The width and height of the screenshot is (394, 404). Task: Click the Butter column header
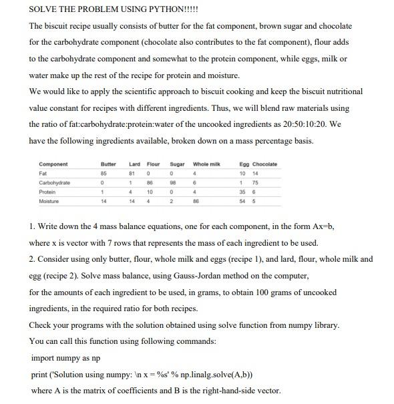108,164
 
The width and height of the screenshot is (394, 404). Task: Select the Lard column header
134,164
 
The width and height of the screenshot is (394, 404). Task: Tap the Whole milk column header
206,164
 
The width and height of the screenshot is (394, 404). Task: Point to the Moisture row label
49,200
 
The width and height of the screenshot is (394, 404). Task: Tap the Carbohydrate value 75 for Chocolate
254,182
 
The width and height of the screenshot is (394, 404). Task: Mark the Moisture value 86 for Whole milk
196,200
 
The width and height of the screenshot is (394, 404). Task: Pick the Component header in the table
53,164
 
